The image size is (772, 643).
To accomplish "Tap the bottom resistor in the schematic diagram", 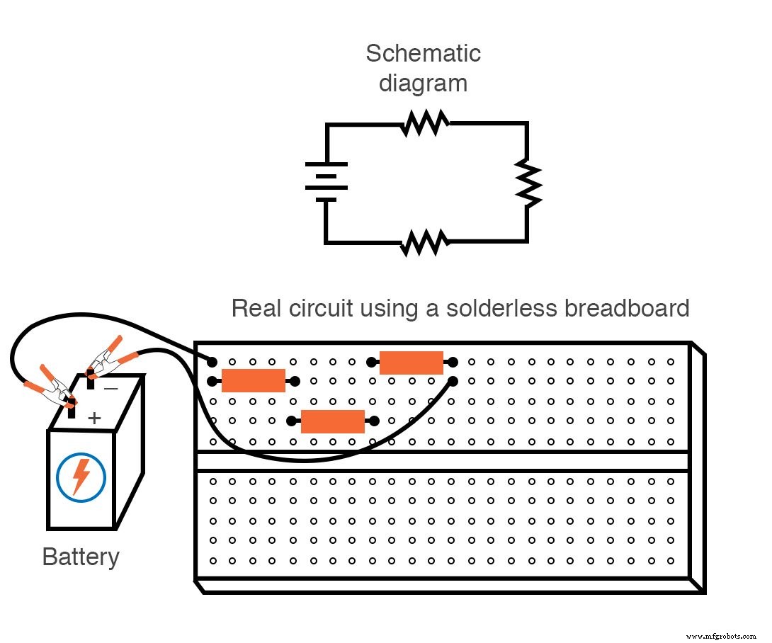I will tap(425, 243).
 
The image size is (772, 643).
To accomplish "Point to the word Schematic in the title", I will tap(423, 53).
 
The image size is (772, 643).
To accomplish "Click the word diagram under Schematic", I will tap(423, 84).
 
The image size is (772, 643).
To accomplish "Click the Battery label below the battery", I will tap(81, 557).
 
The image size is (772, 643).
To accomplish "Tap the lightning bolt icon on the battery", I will tap(81, 477).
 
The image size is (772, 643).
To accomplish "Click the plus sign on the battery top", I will tap(94, 419).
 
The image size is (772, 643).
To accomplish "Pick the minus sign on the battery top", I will tap(111, 388).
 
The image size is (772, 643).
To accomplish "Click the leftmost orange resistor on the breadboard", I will tap(253, 381).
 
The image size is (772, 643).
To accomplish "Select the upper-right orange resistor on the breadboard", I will tap(411, 362).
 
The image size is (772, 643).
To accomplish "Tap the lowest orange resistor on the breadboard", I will tap(332, 421).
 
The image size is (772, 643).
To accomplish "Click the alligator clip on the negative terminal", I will tap(105, 359).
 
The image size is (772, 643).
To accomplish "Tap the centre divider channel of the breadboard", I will tap(442, 462).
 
